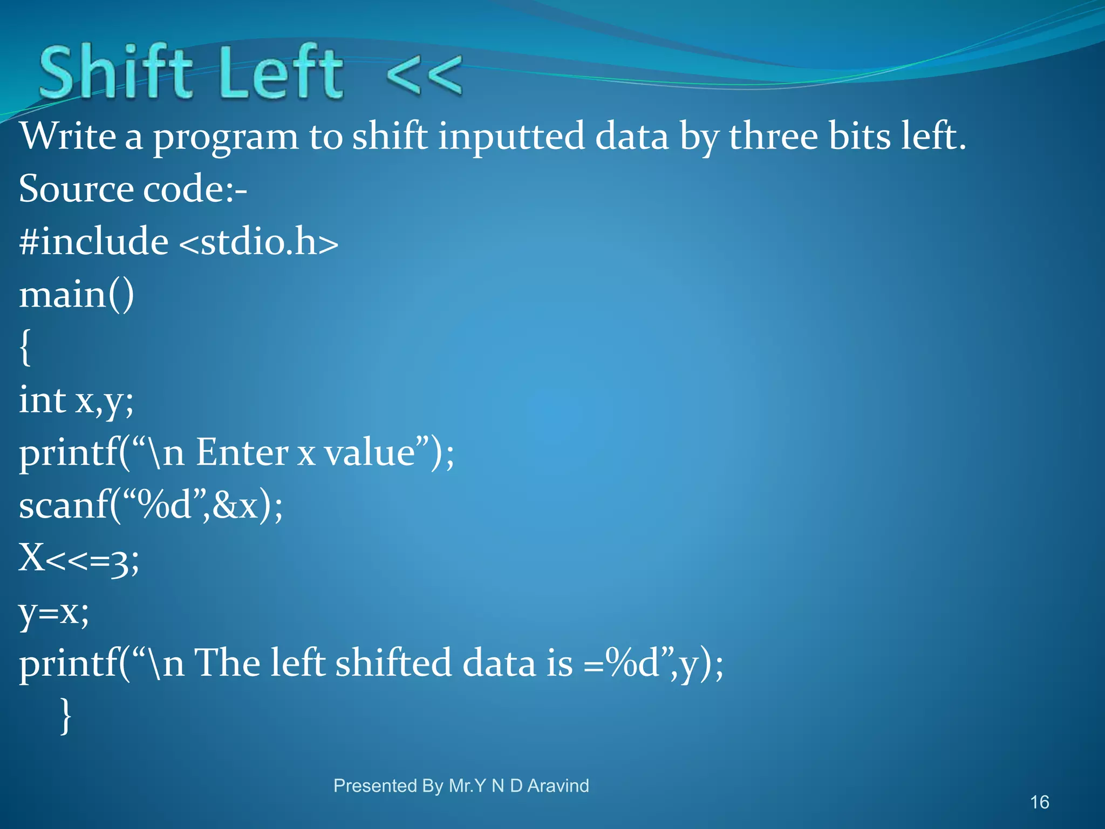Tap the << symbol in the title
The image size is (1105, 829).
(424, 76)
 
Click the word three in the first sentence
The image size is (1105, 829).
(773, 136)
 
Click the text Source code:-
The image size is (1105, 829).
(133, 189)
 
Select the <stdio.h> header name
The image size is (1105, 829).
(258, 242)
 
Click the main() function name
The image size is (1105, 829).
(77, 295)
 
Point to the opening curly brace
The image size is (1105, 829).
(25, 348)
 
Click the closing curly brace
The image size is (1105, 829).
(65, 715)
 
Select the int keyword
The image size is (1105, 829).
(42, 400)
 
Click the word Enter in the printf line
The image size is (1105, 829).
(241, 452)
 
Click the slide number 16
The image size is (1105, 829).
(1039, 802)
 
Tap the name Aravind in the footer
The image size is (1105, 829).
(558, 786)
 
